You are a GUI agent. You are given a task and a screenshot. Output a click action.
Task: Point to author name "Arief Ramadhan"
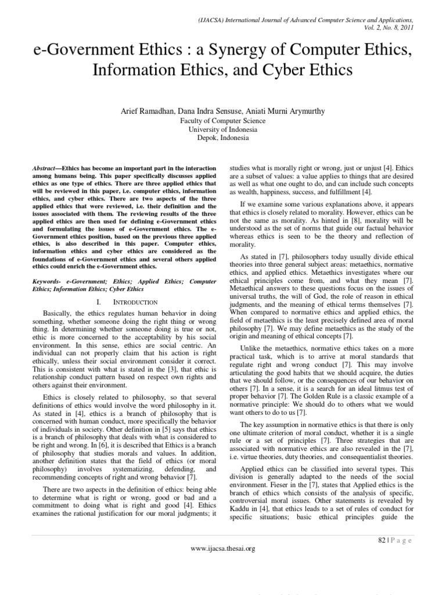(161, 110)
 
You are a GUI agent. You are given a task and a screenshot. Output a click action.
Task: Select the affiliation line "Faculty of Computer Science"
(222, 121)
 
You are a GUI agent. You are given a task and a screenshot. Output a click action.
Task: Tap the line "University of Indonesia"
(222, 130)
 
